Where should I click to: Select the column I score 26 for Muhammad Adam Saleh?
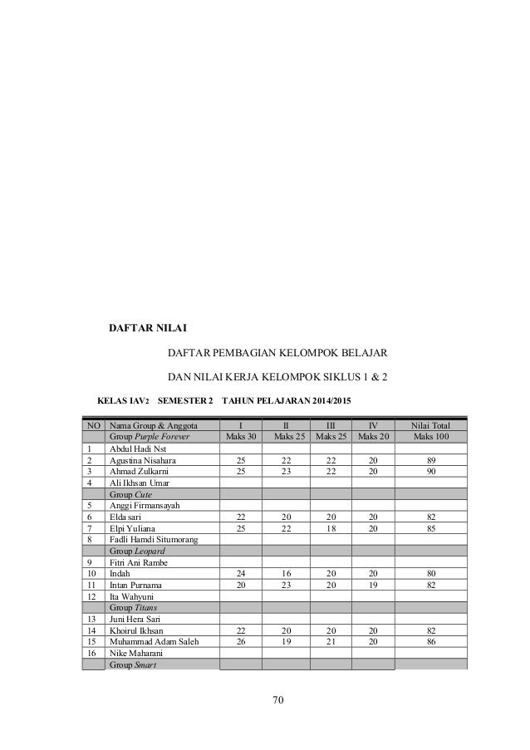coord(240,640)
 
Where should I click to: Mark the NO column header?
coord(91,425)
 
